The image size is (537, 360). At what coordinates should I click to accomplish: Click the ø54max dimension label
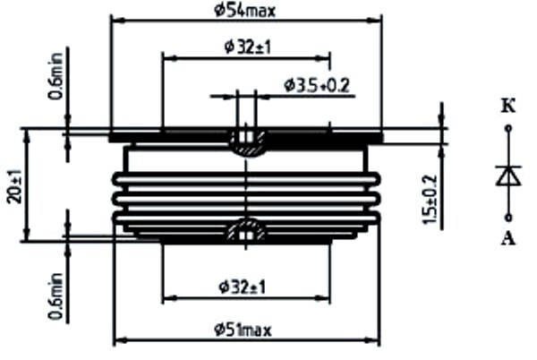[244, 11]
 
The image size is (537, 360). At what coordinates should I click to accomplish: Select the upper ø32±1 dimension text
[248, 47]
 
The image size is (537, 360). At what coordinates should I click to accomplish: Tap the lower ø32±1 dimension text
[243, 287]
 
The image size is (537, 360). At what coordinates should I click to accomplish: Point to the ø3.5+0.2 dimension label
[317, 86]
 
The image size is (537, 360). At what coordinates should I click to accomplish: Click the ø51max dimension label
[243, 330]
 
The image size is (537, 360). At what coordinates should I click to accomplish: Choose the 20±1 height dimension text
[15, 186]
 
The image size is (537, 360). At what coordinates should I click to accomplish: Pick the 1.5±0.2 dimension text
[430, 200]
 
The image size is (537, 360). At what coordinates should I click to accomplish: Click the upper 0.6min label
[55, 76]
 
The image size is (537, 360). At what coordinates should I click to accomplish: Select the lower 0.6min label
[55, 296]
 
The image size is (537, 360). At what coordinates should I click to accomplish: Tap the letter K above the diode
[508, 107]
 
